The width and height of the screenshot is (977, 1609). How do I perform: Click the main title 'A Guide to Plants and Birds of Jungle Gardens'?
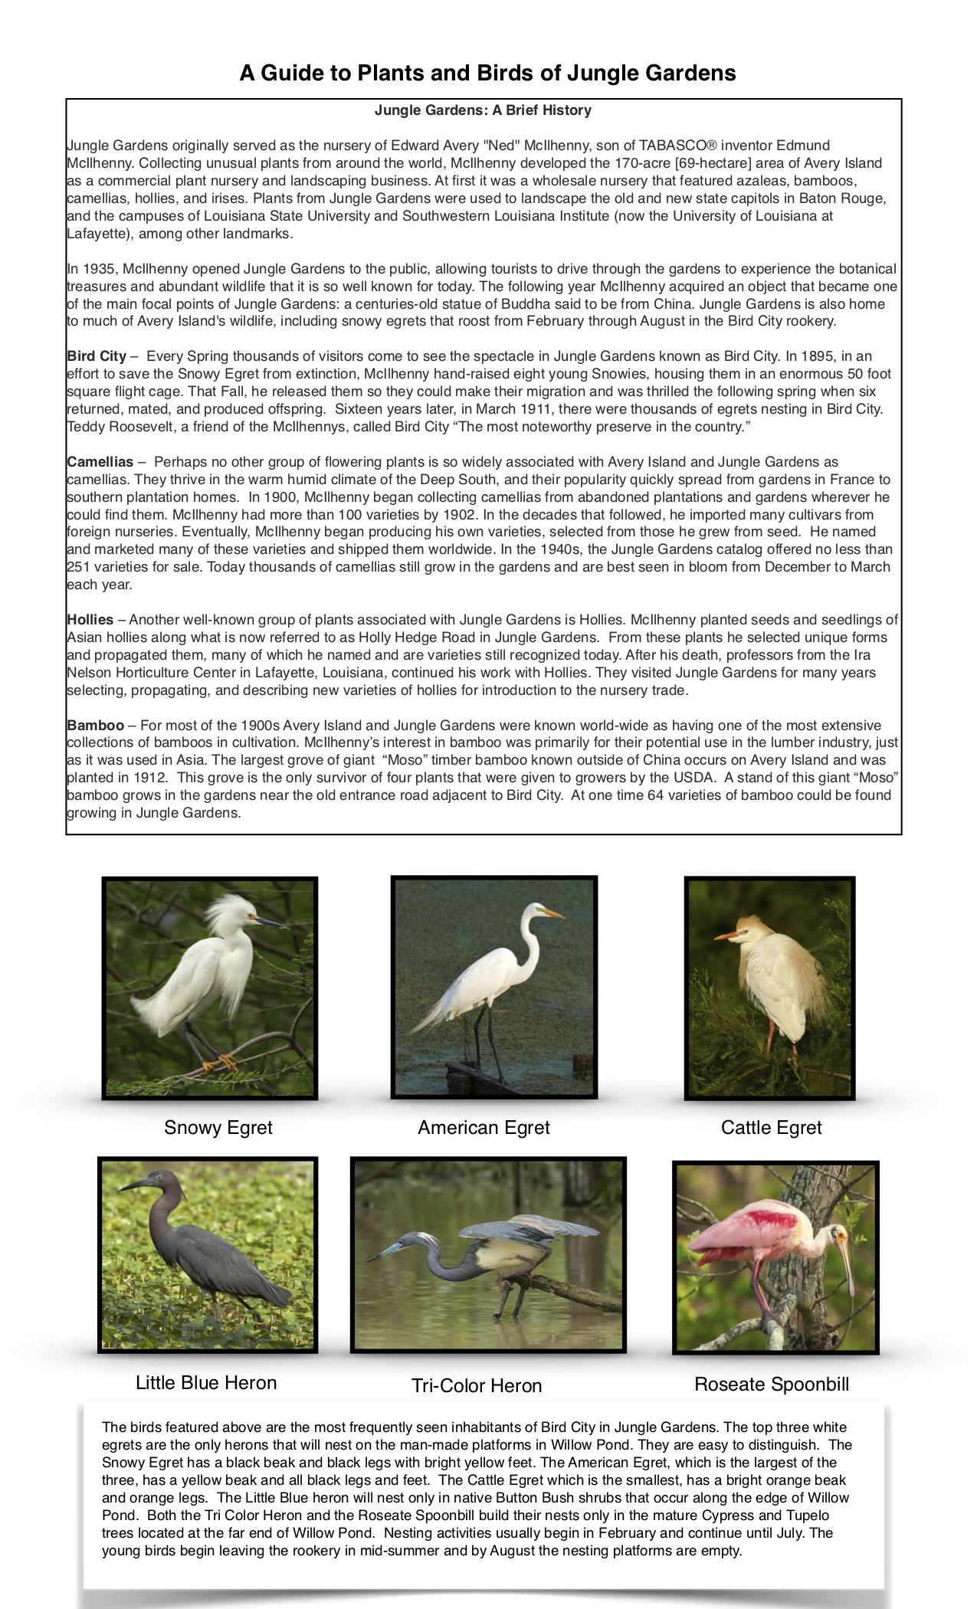tap(487, 73)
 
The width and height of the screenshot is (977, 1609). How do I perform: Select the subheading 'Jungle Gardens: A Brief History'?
tap(483, 110)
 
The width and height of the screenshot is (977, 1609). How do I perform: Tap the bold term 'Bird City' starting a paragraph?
tap(97, 356)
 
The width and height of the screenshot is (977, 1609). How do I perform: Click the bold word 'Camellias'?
tap(100, 462)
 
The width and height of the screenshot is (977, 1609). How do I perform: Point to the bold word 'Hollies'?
tap(90, 620)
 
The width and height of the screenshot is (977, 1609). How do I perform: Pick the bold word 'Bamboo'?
tap(96, 726)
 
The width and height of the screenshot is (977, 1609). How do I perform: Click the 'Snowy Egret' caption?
tap(218, 1128)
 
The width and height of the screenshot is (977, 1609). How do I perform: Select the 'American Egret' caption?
tap(484, 1128)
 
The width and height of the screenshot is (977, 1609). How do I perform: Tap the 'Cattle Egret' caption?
tap(771, 1128)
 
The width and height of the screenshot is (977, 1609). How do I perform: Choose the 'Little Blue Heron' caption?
tap(206, 1383)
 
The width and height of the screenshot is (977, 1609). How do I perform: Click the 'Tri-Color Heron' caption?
tap(477, 1386)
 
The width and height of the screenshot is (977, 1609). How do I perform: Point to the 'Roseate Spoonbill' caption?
tap(772, 1385)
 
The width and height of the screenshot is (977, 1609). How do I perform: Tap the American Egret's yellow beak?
tap(552, 913)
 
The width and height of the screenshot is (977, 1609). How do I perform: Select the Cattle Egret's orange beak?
tap(724, 936)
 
